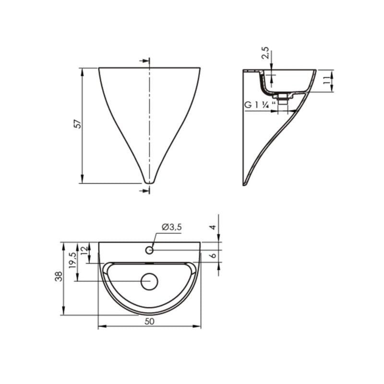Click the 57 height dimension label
[x=77, y=124]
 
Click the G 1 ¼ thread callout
[x=259, y=105]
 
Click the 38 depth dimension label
[x=59, y=277]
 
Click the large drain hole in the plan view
[x=150, y=281]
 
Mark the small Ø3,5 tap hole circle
[x=149, y=250]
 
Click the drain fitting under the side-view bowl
[x=283, y=99]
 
